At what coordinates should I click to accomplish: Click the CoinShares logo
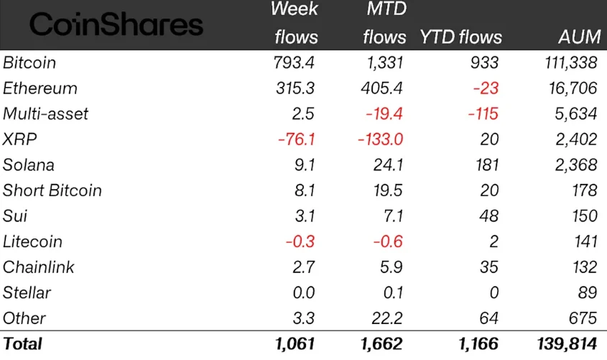pyautogui.click(x=116, y=26)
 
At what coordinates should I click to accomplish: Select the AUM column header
pyautogui.click(x=577, y=37)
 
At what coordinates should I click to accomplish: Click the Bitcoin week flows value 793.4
pyautogui.click(x=295, y=63)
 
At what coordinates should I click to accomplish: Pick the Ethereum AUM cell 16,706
pyautogui.click(x=570, y=88)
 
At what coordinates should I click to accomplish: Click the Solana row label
pyautogui.click(x=29, y=165)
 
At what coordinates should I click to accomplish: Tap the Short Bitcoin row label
pyautogui.click(x=52, y=190)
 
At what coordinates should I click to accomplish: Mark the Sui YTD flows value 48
pyautogui.click(x=489, y=216)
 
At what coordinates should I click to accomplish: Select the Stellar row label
pyautogui.click(x=27, y=292)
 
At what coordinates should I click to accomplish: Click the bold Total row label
pyautogui.click(x=23, y=344)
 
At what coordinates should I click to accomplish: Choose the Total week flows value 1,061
pyautogui.click(x=295, y=344)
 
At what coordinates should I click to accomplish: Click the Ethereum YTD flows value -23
pyautogui.click(x=486, y=88)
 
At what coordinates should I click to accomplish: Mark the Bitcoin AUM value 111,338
pyautogui.click(x=568, y=63)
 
